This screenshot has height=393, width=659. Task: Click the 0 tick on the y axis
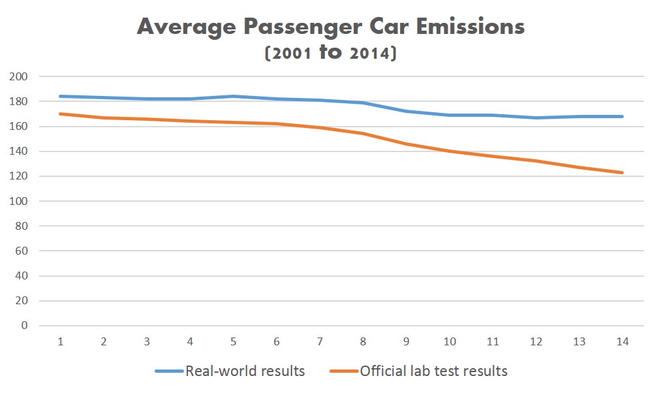point(25,326)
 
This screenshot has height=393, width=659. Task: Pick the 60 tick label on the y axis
point(22,251)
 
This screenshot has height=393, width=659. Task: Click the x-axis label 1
point(60,341)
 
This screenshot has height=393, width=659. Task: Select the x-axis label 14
point(622,341)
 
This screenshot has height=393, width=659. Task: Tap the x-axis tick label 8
point(363,341)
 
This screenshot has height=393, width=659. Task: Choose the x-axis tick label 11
point(493,341)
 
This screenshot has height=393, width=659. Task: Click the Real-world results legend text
point(245,371)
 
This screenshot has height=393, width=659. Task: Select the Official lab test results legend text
point(433,371)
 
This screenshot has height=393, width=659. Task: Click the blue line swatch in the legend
point(169,371)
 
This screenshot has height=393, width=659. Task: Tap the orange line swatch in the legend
point(343,371)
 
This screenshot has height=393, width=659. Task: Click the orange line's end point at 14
point(622,172)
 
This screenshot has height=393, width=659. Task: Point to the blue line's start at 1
point(60,96)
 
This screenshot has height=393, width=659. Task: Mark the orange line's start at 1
point(60,114)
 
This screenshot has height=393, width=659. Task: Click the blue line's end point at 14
point(622,116)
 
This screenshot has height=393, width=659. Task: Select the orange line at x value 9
point(406,144)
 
